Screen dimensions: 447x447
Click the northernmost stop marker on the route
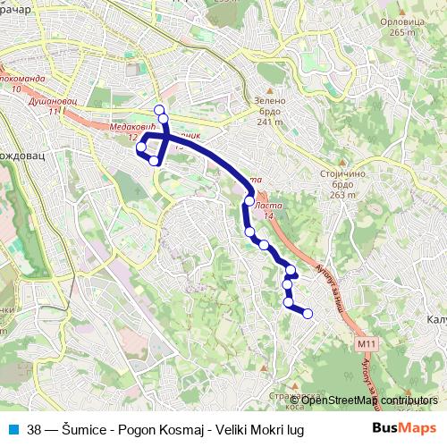point(160,110)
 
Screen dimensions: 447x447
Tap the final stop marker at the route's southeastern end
point(308,313)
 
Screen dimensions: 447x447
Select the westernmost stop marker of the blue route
point(140,147)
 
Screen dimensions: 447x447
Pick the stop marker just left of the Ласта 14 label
point(249,201)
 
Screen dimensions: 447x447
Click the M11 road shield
point(366,342)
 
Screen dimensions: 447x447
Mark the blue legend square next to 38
point(13,427)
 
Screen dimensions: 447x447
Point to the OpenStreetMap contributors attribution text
point(368,400)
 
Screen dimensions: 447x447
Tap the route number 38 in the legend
point(35,427)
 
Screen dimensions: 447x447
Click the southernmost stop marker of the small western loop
point(155,161)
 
